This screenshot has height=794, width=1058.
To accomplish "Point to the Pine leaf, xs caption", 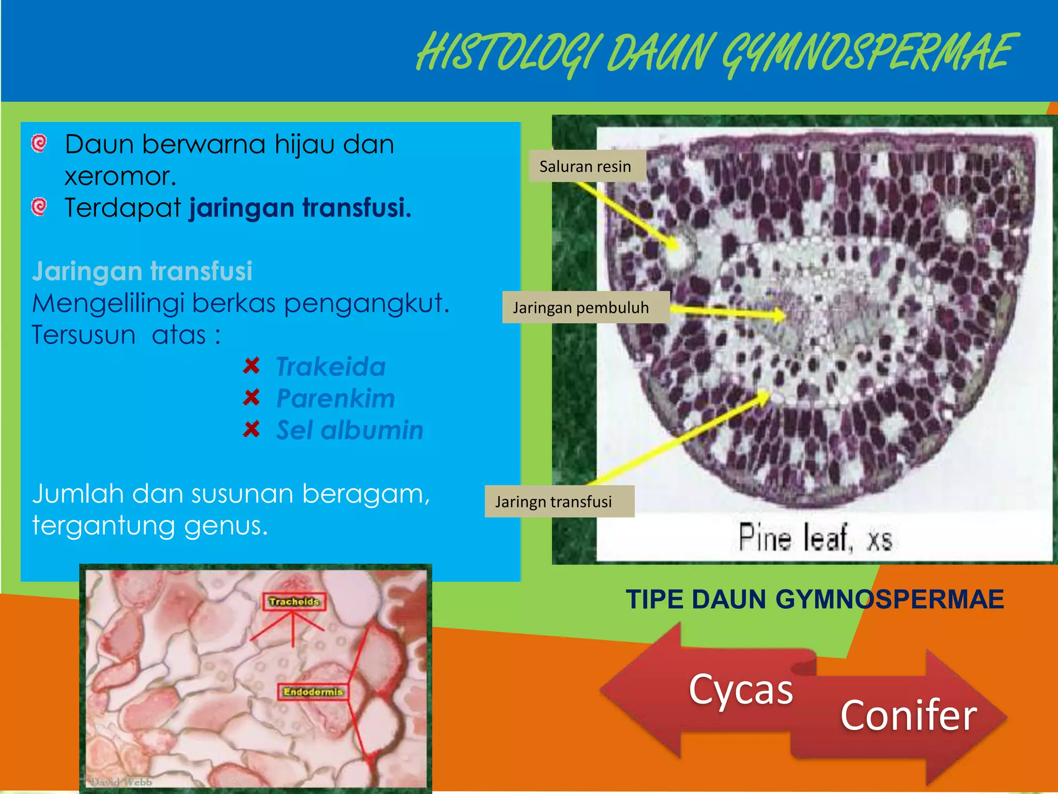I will pyautogui.click(x=815, y=538).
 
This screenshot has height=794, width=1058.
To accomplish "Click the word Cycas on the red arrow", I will pyautogui.click(x=740, y=690).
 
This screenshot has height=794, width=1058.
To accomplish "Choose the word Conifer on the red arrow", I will pyautogui.click(x=908, y=715).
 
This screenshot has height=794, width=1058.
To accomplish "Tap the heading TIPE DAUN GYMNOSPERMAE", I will pyautogui.click(x=815, y=600).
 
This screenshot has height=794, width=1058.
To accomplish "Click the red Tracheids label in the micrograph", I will pyautogui.click(x=294, y=601).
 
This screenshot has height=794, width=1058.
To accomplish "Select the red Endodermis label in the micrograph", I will pyautogui.click(x=313, y=692).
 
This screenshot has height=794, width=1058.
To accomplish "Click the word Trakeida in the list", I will pyautogui.click(x=331, y=367).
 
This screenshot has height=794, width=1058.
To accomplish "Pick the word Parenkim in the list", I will pyautogui.click(x=335, y=399).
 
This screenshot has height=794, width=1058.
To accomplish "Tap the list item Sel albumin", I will pyautogui.click(x=350, y=430).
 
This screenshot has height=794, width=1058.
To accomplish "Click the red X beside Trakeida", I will pyautogui.click(x=251, y=366).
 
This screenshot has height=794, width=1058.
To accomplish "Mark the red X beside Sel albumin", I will pyautogui.click(x=251, y=429).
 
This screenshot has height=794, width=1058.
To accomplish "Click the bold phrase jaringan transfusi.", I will pyautogui.click(x=300, y=208).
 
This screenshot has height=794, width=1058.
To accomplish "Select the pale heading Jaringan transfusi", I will pyautogui.click(x=142, y=271).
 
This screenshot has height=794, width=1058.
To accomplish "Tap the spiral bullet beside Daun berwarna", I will pyautogui.click(x=39, y=143).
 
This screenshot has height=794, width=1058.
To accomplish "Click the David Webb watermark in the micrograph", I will pyautogui.click(x=122, y=782).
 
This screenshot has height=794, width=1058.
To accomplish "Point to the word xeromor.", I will pyautogui.click(x=120, y=176).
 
